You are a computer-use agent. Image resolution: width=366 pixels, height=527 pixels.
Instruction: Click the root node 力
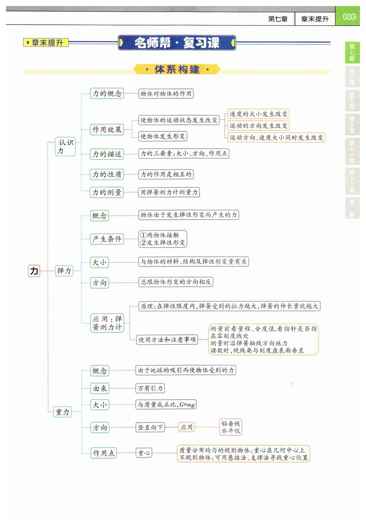[x=34, y=271]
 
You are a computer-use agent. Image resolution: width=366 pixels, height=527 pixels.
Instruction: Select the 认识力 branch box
[x=65, y=147]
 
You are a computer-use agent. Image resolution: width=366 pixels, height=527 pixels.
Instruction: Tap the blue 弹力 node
[x=64, y=271]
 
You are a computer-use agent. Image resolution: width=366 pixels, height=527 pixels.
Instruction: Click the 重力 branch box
[x=62, y=412]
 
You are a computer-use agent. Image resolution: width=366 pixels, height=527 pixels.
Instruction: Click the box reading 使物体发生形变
[x=163, y=136]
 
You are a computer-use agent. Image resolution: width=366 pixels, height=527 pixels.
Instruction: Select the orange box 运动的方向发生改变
[x=258, y=125]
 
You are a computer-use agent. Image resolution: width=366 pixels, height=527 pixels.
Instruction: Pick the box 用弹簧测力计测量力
[x=169, y=192]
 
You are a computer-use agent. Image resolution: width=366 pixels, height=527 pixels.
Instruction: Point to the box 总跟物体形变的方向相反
[x=176, y=282]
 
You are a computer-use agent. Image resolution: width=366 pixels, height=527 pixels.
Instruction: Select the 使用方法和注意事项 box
[x=168, y=339]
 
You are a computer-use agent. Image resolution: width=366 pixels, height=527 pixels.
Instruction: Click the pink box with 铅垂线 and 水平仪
[x=231, y=427]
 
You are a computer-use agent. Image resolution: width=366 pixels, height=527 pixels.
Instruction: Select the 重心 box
[x=144, y=453]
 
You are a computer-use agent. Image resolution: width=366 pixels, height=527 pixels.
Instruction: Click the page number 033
[x=349, y=17]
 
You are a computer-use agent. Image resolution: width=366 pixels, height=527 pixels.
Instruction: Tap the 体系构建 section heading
[x=177, y=70]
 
